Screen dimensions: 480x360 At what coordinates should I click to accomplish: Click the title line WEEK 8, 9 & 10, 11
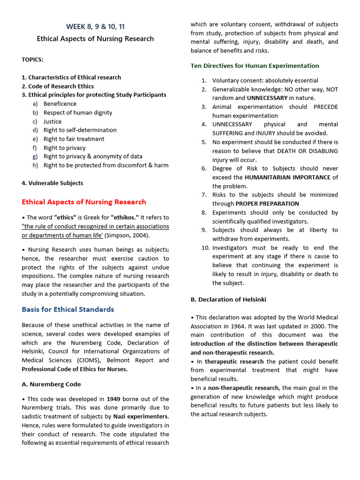click(x=95, y=27)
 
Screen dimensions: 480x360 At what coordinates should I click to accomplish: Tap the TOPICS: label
click(x=32, y=60)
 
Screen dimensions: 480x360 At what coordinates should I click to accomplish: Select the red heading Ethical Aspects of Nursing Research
click(x=84, y=202)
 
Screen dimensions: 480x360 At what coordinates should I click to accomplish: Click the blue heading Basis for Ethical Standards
click(x=68, y=309)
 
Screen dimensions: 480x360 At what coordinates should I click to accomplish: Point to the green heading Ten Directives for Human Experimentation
click(x=255, y=66)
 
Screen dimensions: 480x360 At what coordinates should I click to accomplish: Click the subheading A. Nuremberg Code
click(x=51, y=384)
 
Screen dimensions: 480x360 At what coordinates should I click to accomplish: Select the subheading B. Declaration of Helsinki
click(x=228, y=299)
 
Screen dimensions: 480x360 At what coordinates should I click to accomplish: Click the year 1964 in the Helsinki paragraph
click(x=246, y=326)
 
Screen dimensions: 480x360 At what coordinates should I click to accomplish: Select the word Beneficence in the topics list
click(x=60, y=104)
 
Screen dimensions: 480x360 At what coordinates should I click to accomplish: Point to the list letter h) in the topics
click(x=36, y=165)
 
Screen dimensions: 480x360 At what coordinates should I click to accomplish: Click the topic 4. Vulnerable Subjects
click(x=52, y=183)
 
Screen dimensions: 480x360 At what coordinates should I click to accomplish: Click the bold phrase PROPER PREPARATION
click(x=267, y=203)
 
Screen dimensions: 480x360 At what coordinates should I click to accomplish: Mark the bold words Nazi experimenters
click(x=141, y=416)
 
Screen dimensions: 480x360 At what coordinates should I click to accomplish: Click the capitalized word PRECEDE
click(x=325, y=107)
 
